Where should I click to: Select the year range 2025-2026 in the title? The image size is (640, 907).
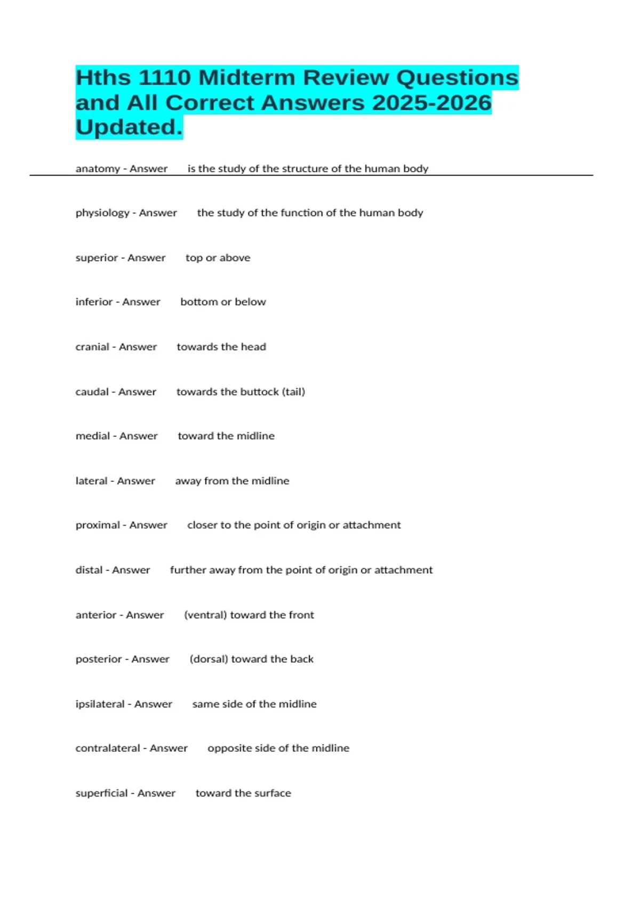[x=431, y=103]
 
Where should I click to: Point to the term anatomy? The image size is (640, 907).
[x=98, y=169]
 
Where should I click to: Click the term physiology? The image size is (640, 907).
[x=102, y=213]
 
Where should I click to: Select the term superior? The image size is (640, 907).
[x=97, y=258]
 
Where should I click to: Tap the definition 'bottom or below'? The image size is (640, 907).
[x=223, y=302]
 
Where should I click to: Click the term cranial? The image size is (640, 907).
[x=92, y=347]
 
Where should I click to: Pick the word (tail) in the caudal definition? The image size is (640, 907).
[x=293, y=392]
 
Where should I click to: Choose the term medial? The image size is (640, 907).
[x=93, y=436]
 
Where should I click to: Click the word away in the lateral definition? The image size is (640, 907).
[x=188, y=481]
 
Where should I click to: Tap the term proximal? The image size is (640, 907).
[x=98, y=525]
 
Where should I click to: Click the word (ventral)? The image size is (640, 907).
[x=205, y=615]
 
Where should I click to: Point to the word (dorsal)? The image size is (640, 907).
[x=209, y=659]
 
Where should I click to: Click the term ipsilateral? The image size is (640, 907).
[x=100, y=704]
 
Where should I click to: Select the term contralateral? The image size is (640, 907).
[x=108, y=748]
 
